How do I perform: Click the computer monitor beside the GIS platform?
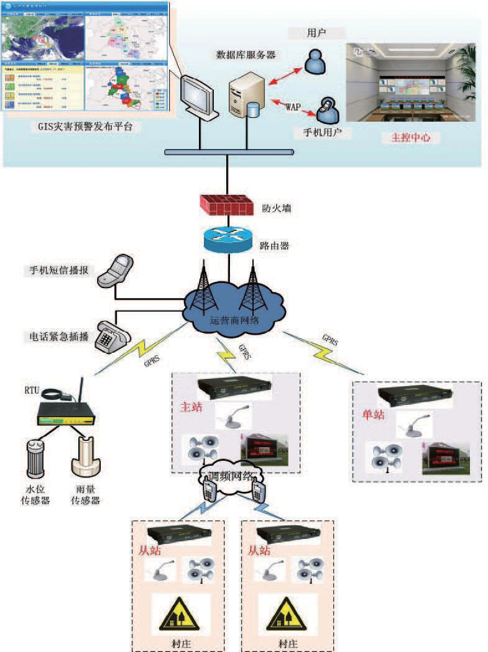tap(198, 96)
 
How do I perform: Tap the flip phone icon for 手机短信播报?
tap(118, 270)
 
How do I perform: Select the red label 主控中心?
tap(411, 138)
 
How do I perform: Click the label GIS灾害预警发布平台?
tap(85, 127)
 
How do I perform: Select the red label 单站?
tap(373, 415)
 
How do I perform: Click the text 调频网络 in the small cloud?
tap(231, 476)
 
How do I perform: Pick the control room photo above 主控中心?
tap(410, 83)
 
